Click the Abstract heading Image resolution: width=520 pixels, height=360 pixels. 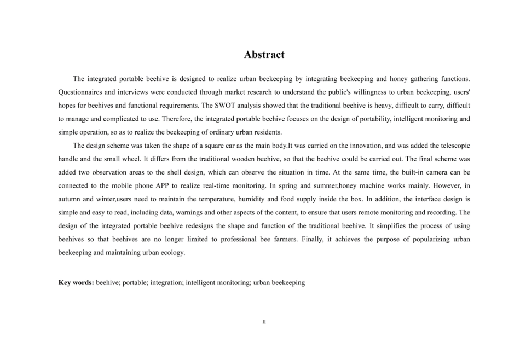(264, 55)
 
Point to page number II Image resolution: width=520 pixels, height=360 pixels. (264, 322)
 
